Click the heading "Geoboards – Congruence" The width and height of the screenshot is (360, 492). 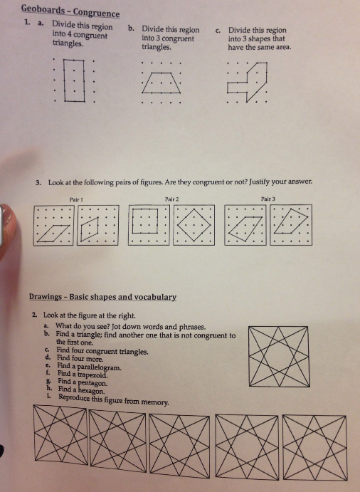pos(70,11)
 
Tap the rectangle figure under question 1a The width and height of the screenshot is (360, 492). pos(64,80)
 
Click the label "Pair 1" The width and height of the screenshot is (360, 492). pos(76,199)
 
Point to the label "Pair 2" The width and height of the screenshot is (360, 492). pos(172,199)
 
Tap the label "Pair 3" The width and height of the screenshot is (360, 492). pos(268,199)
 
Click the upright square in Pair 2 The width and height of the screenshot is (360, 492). pos(132,221)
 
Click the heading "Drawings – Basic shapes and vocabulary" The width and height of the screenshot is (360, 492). pos(102,297)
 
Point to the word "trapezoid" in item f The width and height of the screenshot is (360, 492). pos(92,375)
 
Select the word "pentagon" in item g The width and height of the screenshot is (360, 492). pos(92,383)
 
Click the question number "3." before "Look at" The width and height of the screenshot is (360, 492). pos(38,183)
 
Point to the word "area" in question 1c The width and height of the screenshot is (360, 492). pos(282,48)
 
